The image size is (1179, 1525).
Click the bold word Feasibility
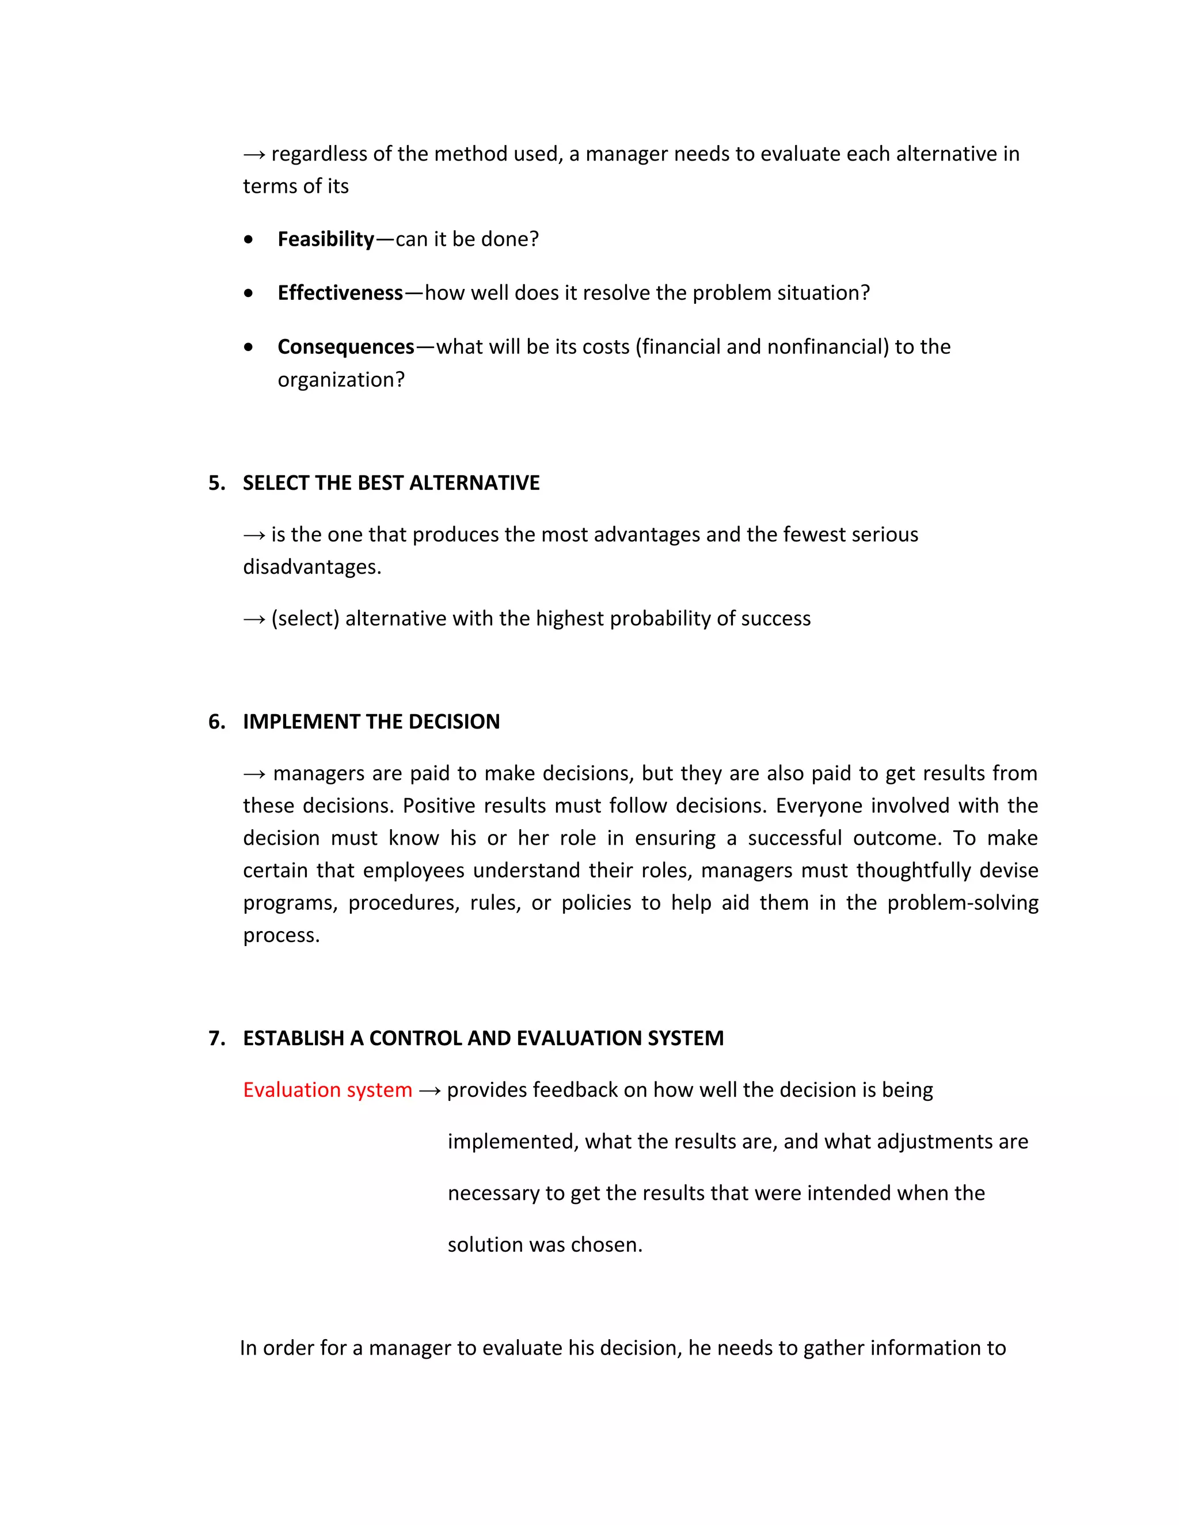coord(325,239)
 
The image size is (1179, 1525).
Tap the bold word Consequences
coord(346,347)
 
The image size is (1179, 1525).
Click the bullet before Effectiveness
coord(249,294)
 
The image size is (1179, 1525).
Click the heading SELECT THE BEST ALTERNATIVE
coord(390,483)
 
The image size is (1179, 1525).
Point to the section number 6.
coord(216,722)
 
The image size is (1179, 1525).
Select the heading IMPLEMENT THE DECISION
coord(371,722)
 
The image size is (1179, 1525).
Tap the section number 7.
coord(216,1038)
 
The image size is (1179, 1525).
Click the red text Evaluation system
coord(328,1090)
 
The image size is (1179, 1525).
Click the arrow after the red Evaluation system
coord(429,1091)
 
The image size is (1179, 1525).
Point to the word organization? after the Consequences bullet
coord(341,380)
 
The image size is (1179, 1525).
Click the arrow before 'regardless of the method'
coord(253,154)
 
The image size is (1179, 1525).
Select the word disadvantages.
coord(311,567)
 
